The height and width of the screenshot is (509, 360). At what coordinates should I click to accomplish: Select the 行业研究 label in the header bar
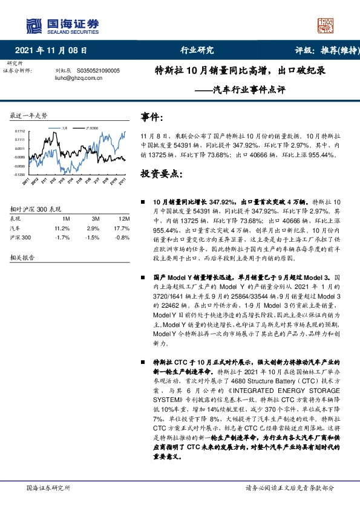click(x=197, y=50)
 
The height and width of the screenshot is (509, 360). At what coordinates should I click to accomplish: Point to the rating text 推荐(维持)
click(x=330, y=50)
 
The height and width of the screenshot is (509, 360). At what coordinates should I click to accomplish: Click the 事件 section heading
click(x=152, y=117)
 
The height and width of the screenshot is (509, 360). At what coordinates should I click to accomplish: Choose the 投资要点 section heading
click(x=161, y=173)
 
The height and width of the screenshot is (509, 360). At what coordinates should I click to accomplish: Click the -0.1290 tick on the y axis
click(x=19, y=173)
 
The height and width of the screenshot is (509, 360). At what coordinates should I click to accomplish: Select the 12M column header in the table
click(x=125, y=218)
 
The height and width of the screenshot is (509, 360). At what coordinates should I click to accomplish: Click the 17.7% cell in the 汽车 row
click(x=123, y=229)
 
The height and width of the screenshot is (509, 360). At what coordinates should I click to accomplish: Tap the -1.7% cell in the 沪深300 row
click(x=62, y=238)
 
